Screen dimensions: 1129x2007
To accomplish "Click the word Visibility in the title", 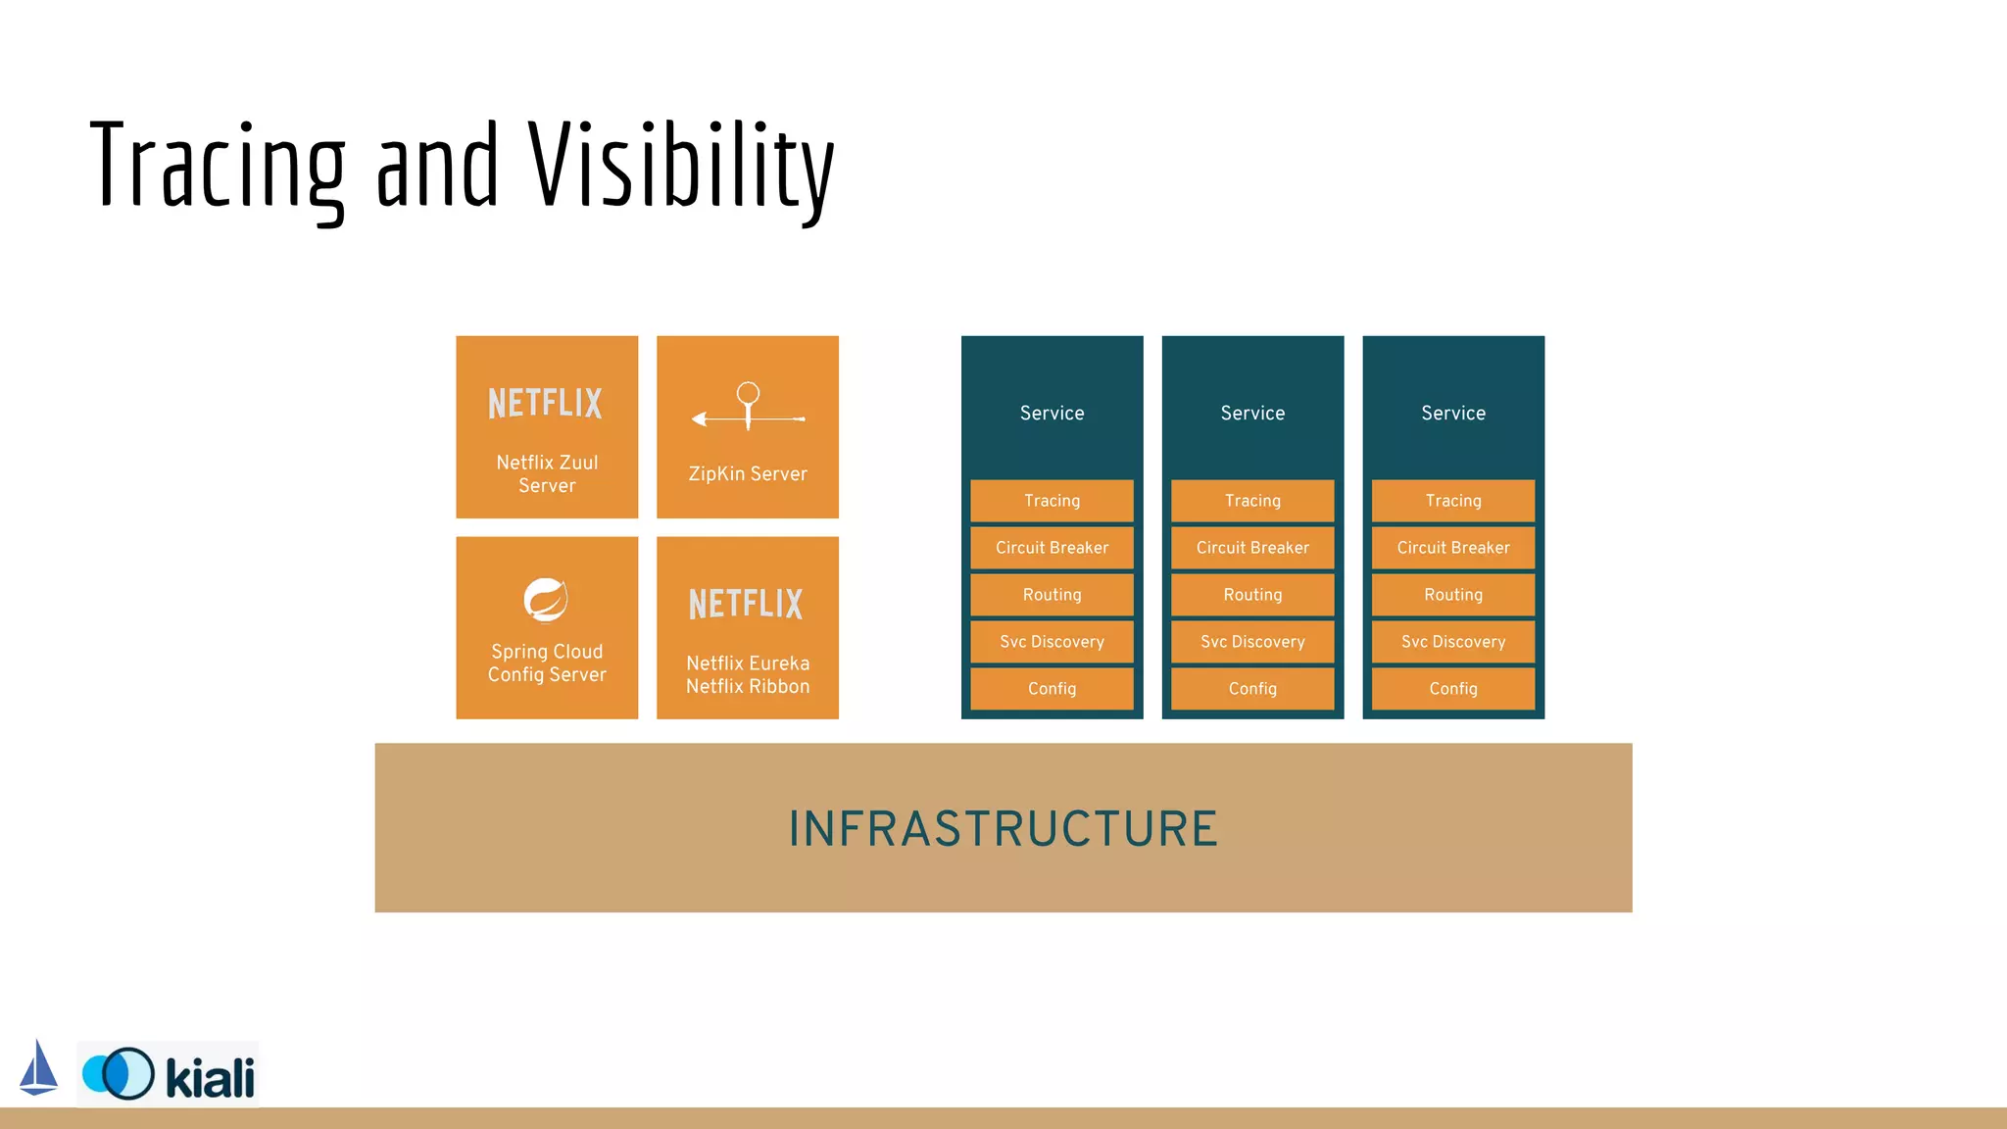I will [x=681, y=167].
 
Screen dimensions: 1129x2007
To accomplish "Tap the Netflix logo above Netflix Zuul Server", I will [x=546, y=403].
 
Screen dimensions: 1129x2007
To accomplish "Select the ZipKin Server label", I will [x=748, y=473].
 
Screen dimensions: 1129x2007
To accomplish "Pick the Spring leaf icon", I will [x=546, y=600].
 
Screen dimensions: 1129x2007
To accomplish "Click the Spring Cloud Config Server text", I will [x=547, y=663].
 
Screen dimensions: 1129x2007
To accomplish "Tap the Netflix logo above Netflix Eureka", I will [x=746, y=604].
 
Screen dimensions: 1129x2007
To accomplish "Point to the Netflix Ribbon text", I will [x=748, y=686].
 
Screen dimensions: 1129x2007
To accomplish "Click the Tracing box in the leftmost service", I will [x=1052, y=501].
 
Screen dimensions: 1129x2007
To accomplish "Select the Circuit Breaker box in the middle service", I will [x=1252, y=548].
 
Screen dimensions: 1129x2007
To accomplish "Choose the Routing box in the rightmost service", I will [x=1453, y=595].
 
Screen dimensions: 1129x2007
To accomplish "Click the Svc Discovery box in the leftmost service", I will [x=1052, y=642].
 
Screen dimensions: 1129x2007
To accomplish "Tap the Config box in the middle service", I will [x=1252, y=689].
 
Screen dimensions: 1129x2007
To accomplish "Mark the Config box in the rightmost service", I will [x=1453, y=689].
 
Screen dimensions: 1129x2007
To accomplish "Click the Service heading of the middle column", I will [x=1252, y=413].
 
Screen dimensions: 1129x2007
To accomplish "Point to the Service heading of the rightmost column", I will [x=1453, y=413].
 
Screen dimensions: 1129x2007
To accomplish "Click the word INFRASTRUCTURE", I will [x=1003, y=829].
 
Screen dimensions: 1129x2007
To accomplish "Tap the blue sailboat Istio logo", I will [x=38, y=1068].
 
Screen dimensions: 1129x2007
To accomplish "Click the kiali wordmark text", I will [x=210, y=1078].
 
